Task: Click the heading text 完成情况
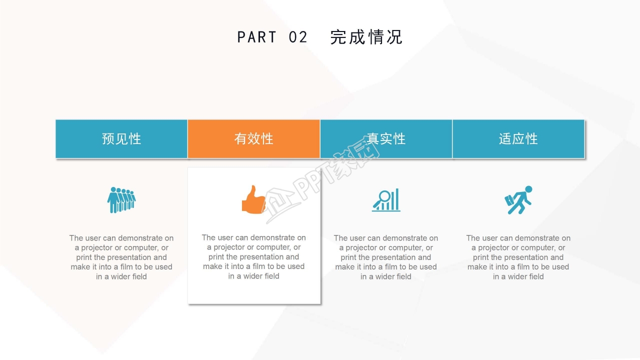click(366, 37)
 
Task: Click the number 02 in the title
click(298, 37)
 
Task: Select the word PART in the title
click(256, 37)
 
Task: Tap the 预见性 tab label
click(121, 139)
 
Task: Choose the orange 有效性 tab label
click(253, 139)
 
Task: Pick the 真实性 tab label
click(386, 139)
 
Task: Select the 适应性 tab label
click(518, 139)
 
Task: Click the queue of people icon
click(121, 200)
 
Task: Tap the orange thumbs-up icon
click(254, 199)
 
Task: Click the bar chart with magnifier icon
click(386, 200)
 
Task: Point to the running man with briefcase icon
click(518, 200)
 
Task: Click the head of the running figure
click(528, 189)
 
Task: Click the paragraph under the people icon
click(121, 257)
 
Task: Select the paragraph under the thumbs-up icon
click(253, 256)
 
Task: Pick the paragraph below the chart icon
click(386, 257)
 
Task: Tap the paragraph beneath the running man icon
click(518, 257)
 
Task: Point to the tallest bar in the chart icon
click(397, 199)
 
